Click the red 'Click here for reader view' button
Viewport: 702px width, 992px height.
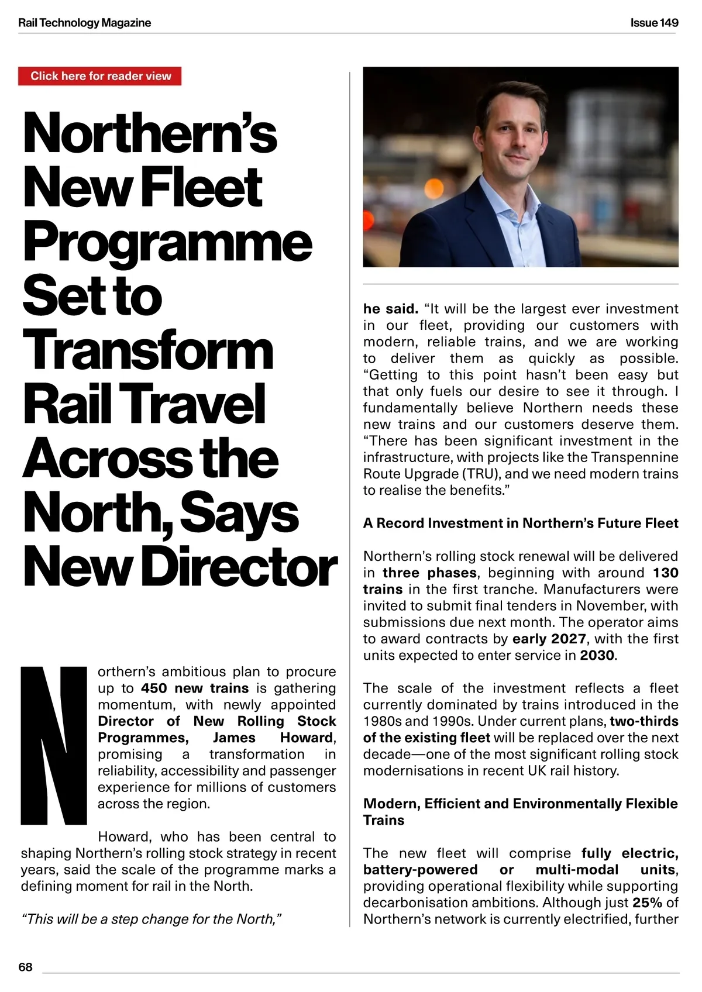(100, 76)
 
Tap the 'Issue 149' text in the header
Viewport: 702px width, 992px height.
(654, 23)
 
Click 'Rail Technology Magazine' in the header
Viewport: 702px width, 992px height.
(85, 23)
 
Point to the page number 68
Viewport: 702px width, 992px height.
(25, 967)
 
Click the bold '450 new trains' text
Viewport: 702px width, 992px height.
(195, 688)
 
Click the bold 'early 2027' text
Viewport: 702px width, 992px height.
(549, 639)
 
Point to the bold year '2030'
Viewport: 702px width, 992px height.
(597, 655)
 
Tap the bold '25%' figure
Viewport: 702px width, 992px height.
(647, 903)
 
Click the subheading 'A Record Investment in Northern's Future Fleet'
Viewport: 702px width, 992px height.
(521, 523)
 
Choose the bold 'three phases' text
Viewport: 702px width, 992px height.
(430, 573)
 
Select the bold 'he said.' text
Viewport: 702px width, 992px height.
(390, 308)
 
